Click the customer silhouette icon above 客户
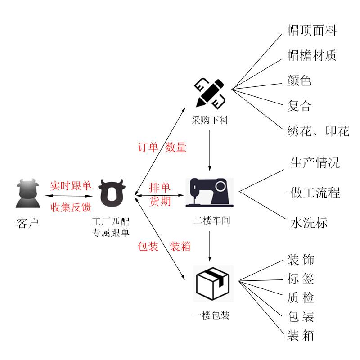click(28, 193)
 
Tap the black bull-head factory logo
click(112, 193)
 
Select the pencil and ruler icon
click(210, 94)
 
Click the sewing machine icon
click(210, 193)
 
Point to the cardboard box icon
click(213, 283)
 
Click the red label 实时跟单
click(71, 185)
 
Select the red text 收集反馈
click(71, 207)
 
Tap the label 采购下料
click(210, 120)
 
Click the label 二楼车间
click(211, 220)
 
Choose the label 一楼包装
click(211, 315)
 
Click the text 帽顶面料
click(312, 30)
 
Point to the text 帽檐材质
click(312, 55)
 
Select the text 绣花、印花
click(318, 131)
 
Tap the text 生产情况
click(315, 163)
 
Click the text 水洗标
click(309, 223)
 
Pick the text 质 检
click(301, 297)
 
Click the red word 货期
click(160, 201)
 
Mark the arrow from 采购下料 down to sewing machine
click(210, 150)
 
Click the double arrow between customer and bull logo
click(69, 196)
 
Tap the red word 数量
click(175, 147)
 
